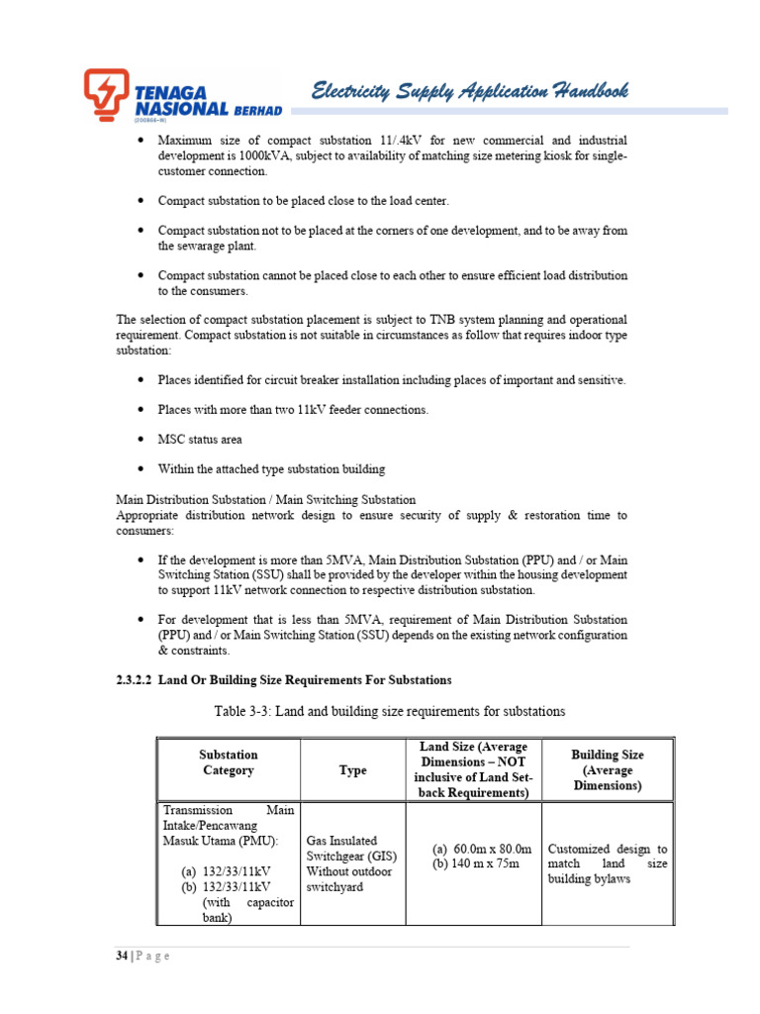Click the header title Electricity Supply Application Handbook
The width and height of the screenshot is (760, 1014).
coord(470,92)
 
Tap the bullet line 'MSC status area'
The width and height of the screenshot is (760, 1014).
coord(200,439)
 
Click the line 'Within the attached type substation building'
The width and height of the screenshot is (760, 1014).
coord(271,468)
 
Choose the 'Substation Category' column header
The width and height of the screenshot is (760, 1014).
coord(229,762)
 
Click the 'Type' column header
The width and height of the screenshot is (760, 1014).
coord(352,769)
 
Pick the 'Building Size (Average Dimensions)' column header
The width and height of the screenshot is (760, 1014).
coord(608,769)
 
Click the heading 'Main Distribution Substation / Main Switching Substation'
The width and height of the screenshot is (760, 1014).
coord(266,499)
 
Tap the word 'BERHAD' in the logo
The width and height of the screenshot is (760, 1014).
coord(258,108)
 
